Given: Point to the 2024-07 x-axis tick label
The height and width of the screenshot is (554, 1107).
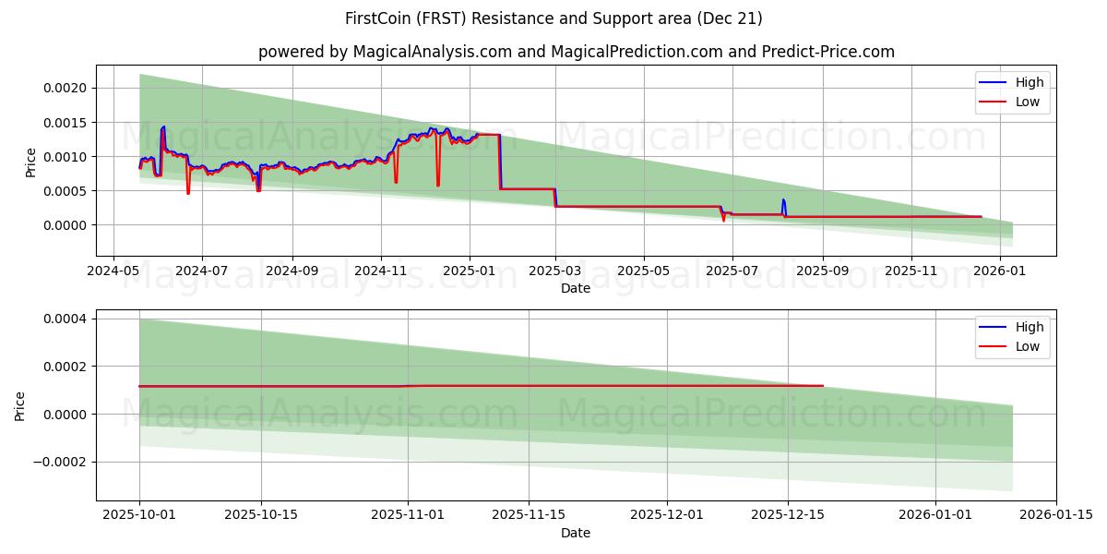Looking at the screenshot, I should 201,272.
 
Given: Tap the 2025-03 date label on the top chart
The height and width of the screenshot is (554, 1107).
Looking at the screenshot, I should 555,272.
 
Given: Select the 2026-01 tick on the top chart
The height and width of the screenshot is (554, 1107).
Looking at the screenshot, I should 999,272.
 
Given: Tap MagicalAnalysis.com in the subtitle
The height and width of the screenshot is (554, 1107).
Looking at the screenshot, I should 433,52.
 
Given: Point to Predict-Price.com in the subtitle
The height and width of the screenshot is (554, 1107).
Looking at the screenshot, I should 828,52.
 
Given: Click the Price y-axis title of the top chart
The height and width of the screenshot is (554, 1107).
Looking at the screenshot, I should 30,163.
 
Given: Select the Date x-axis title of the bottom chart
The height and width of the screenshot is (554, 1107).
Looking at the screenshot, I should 576,533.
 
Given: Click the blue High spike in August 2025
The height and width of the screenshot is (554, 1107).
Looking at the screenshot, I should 783,200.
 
